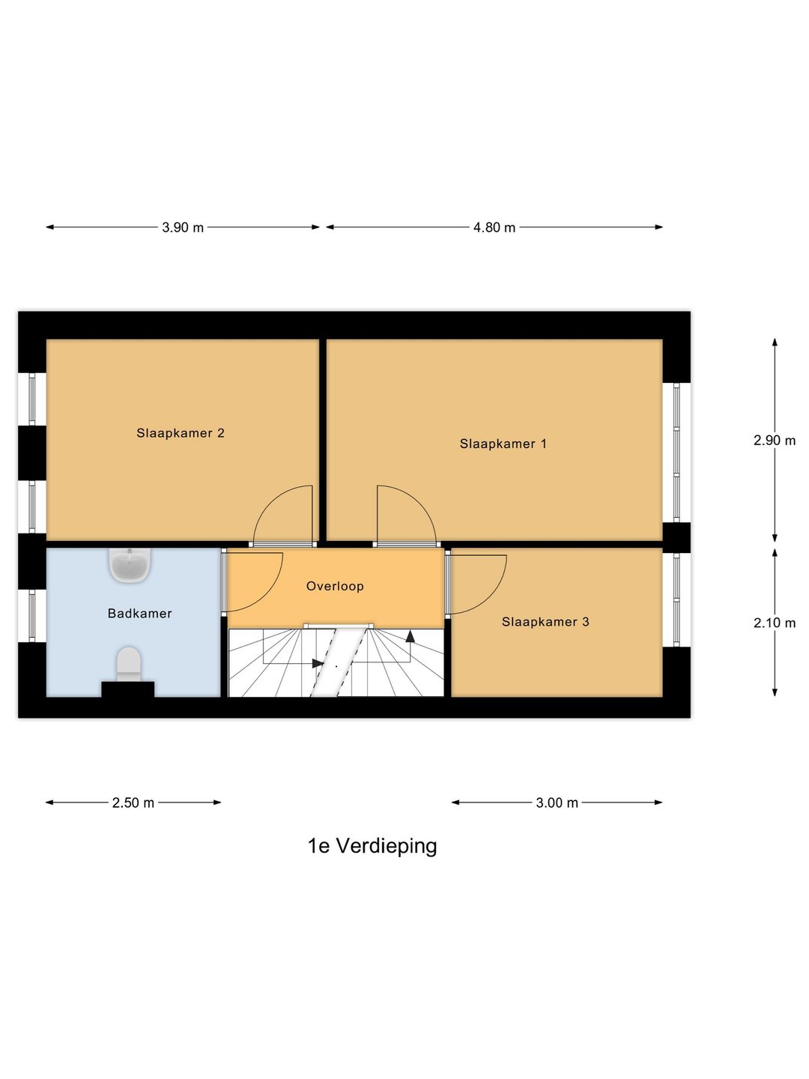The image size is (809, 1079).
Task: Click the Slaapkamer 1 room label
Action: click(x=503, y=444)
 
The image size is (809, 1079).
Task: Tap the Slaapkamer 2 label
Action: click(x=181, y=433)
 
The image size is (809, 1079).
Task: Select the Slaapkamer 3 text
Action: click(x=545, y=622)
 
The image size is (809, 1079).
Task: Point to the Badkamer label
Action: click(x=140, y=614)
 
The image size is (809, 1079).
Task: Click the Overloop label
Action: click(x=335, y=586)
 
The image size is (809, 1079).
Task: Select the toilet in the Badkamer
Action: click(x=129, y=664)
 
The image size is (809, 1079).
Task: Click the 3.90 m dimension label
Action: click(x=183, y=227)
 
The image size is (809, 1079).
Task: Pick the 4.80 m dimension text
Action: click(x=494, y=227)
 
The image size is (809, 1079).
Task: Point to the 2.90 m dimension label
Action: click(x=775, y=441)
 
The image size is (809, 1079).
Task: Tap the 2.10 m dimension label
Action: click(x=775, y=623)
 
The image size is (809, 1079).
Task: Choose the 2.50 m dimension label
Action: click(x=133, y=803)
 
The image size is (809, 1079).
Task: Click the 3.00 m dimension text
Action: click(x=557, y=803)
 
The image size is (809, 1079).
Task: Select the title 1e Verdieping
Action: click(x=372, y=846)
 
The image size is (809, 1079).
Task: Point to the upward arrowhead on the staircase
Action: click(x=410, y=636)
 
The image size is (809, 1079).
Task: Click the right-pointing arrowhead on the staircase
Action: click(x=318, y=663)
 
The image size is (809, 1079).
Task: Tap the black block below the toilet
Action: click(x=128, y=689)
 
